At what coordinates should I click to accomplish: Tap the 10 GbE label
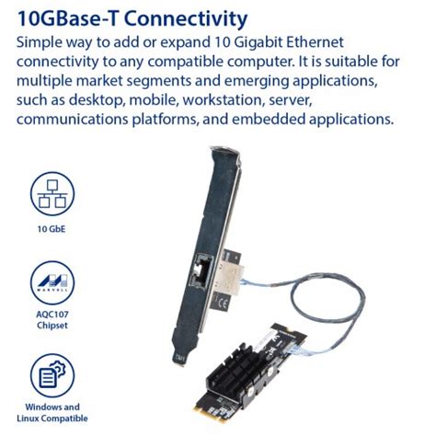coord(52,228)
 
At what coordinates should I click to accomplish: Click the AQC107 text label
coord(52,313)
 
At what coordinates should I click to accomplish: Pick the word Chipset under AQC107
coord(52,325)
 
